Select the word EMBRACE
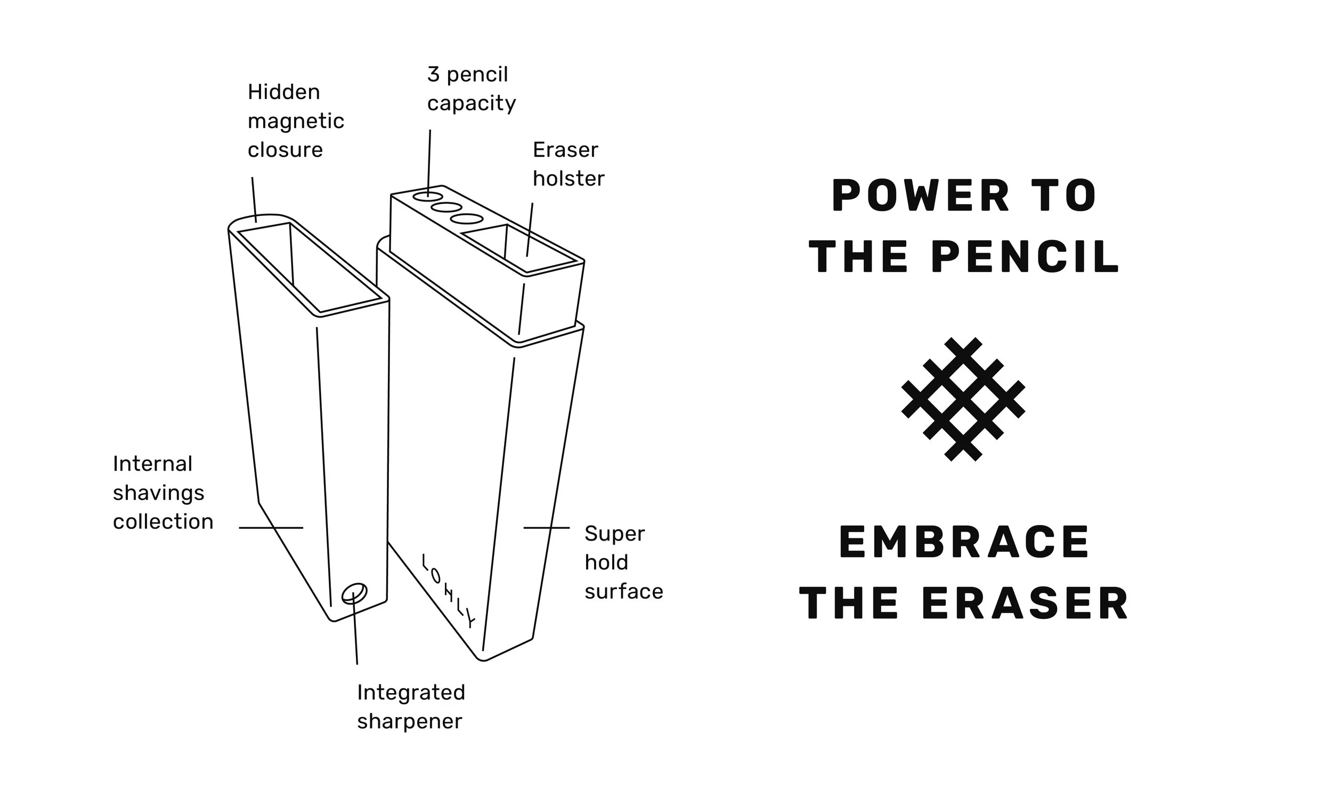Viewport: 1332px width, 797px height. tap(964, 543)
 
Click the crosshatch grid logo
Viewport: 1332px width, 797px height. tap(963, 399)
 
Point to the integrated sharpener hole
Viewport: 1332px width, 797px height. tap(354, 593)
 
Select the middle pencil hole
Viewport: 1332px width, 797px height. tap(446, 207)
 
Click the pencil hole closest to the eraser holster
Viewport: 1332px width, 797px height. tap(466, 219)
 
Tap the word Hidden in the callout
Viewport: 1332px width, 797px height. tap(283, 92)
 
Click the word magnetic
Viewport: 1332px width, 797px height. tap(296, 122)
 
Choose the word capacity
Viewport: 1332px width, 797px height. tap(471, 103)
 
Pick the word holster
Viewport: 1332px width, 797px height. tap(568, 179)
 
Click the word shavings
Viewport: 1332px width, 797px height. tap(158, 493)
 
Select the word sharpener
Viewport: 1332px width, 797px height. tap(410, 721)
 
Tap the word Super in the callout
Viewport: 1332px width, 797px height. tap(614, 534)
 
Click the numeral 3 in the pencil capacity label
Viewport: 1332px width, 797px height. tap(434, 75)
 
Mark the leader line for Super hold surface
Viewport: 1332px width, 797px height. tap(546, 528)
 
